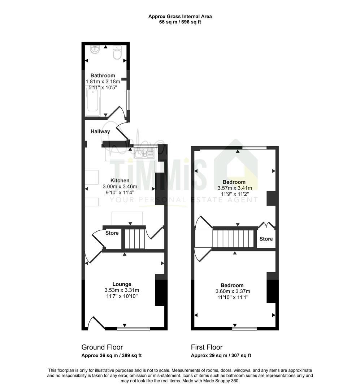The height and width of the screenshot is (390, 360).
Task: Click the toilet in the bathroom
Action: pyautogui.click(x=117, y=52)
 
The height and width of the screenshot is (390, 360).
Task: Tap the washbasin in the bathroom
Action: pyautogui.click(x=95, y=49)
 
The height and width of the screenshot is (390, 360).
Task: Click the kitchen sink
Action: pyautogui.click(x=144, y=153)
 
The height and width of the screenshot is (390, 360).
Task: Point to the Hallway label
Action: pyautogui.click(x=100, y=131)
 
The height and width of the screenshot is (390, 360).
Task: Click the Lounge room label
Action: pyautogui.click(x=122, y=284)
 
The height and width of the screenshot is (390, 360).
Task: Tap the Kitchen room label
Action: pyautogui.click(x=120, y=181)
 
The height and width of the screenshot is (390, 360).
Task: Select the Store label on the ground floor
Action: pyautogui.click(x=112, y=233)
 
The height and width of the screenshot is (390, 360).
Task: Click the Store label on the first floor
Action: pyautogui.click(x=266, y=239)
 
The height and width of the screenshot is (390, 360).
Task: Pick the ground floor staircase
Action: pyautogui.click(x=135, y=239)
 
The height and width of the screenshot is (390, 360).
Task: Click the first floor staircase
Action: pyautogui.click(x=233, y=239)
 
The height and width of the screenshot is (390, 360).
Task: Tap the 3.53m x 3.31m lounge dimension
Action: pyautogui.click(x=122, y=290)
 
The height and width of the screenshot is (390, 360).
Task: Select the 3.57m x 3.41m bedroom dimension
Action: pyautogui.click(x=235, y=188)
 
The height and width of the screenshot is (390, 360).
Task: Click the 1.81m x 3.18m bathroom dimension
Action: pyautogui.click(x=103, y=82)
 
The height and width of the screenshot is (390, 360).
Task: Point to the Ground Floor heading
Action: pyautogui.click(x=102, y=347)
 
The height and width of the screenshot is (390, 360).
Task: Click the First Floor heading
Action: pyautogui.click(x=207, y=347)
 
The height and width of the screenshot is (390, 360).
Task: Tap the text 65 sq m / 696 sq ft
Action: pyautogui.click(x=180, y=22)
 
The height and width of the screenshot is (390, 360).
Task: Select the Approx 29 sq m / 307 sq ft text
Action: pyautogui.click(x=221, y=356)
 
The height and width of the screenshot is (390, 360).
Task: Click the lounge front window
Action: pyautogui.click(x=134, y=329)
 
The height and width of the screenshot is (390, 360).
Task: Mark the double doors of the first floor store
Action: pyautogui.click(x=266, y=225)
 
